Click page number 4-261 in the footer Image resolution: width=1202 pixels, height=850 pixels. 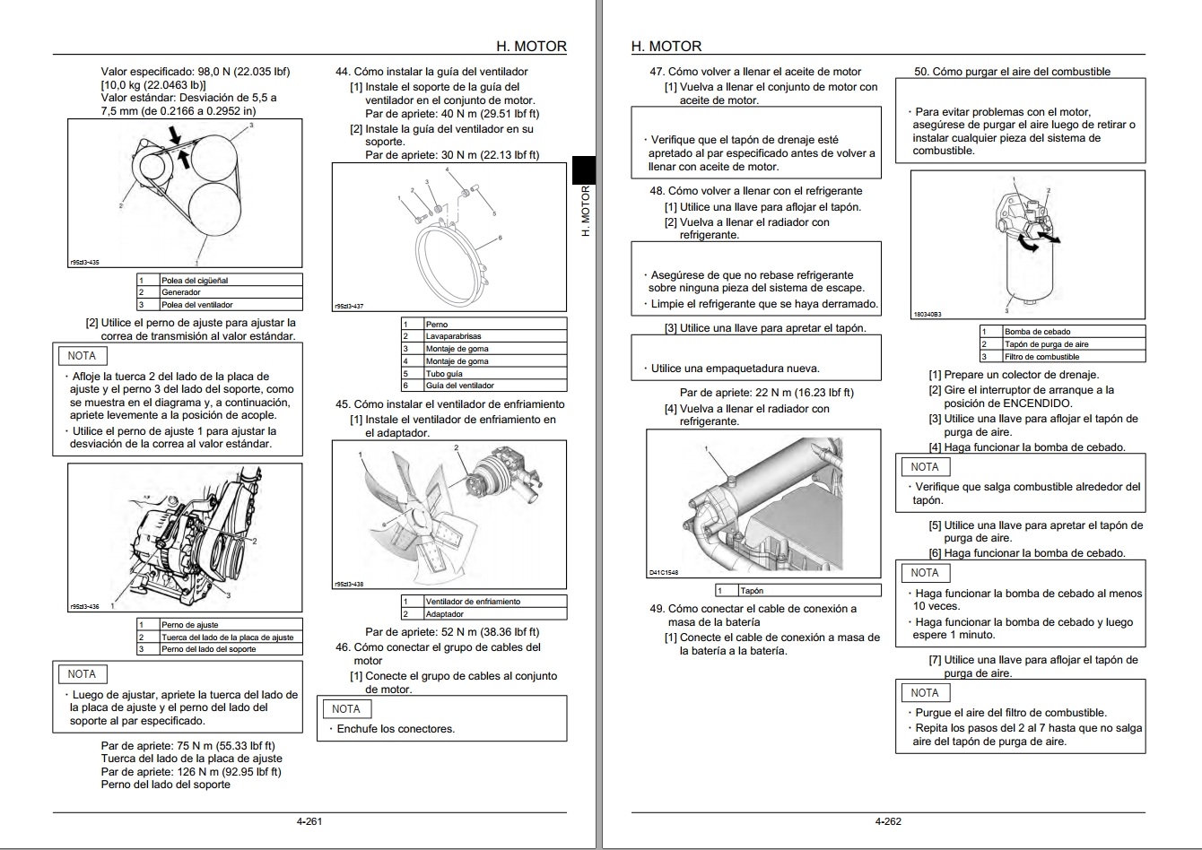pyautogui.click(x=309, y=821)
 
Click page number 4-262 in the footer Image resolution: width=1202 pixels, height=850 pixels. pyautogui.click(x=888, y=821)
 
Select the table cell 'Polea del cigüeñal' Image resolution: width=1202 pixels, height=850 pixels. pyautogui.click(x=195, y=280)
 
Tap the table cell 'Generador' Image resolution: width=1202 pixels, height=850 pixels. pyautogui.click(x=180, y=292)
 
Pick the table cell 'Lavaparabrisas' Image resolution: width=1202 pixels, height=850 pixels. pyautogui.click(x=453, y=336)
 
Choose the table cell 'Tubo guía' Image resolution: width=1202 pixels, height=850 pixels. pyautogui.click(x=444, y=373)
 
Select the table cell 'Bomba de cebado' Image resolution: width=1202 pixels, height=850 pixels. pyautogui.click(x=1037, y=332)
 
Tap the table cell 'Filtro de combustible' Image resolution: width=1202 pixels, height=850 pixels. pyautogui.click(x=1041, y=357)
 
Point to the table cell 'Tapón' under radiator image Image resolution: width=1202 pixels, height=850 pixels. pyautogui.click(x=752, y=591)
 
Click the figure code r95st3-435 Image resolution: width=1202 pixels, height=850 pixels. pyautogui.click(x=84, y=263)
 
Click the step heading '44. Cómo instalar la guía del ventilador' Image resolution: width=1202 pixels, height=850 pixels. pyautogui.click(x=431, y=72)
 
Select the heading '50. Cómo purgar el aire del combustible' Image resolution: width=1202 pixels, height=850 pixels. pyautogui.click(x=1012, y=72)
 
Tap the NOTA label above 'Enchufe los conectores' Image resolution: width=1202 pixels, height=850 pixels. pyautogui.click(x=345, y=708)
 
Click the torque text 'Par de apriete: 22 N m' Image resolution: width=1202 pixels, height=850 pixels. pyautogui.click(x=766, y=393)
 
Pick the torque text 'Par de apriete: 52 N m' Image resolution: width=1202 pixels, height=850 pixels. pyautogui.click(x=452, y=632)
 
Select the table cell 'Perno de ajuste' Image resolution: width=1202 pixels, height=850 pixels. pyautogui.click(x=189, y=624)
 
